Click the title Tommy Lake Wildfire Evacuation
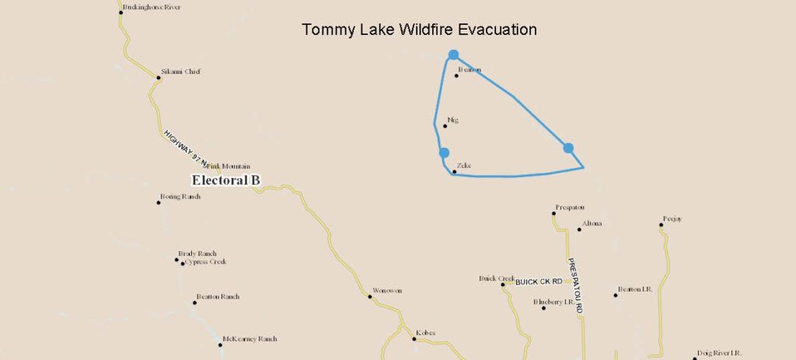[x=419, y=30]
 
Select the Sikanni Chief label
[x=180, y=72]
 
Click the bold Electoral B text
[x=225, y=180]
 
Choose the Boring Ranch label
[x=180, y=197]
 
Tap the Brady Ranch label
[x=197, y=253]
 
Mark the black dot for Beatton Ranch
[x=195, y=302]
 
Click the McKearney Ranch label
[x=250, y=339]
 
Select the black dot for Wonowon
[x=370, y=296]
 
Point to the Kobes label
[x=425, y=333]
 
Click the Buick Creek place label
[x=497, y=278]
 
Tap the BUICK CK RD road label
[x=539, y=281]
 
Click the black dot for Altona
[x=579, y=229]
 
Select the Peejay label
[x=672, y=219]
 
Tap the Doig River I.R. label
[x=721, y=352]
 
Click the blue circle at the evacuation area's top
[x=453, y=54]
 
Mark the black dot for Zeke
[x=455, y=171]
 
